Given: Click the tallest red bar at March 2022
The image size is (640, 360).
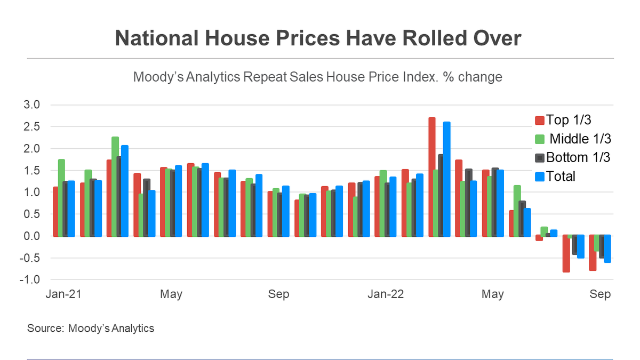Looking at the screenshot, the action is [431, 177].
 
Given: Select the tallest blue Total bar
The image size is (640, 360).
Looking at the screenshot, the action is [446, 179].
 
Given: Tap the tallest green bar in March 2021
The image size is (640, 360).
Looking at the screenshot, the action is [115, 187].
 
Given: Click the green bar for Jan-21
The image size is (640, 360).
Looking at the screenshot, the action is [61, 198].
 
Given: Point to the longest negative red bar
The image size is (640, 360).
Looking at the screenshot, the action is [566, 253].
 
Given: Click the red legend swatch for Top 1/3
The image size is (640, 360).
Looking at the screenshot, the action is [539, 121].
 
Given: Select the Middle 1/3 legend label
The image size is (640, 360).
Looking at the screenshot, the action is [580, 139].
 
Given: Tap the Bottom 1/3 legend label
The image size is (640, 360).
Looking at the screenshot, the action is [578, 157].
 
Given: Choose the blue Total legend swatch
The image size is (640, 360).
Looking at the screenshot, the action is [539, 177].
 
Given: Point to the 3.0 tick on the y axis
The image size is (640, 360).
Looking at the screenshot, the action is [31, 105].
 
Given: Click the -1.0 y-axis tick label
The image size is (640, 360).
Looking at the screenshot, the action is [30, 279].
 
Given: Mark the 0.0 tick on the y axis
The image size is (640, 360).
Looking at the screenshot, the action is [31, 236].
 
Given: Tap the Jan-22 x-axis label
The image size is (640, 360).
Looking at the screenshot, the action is [386, 294].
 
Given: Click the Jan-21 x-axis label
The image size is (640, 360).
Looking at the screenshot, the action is [63, 294].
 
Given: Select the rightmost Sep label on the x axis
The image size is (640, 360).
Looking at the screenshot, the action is [600, 294].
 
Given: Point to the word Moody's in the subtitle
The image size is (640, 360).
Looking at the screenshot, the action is [158, 77].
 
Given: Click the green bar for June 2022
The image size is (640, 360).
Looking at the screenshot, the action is [517, 211].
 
